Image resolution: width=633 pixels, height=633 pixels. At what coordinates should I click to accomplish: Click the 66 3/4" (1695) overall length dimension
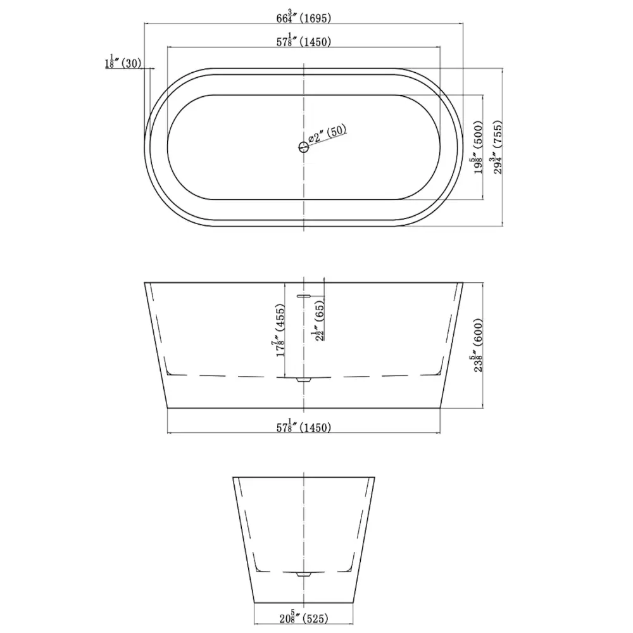tap(304, 17)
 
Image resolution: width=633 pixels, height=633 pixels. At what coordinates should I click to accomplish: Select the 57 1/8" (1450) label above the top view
tap(304, 41)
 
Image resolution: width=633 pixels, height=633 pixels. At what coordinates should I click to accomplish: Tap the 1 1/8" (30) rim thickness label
tap(123, 62)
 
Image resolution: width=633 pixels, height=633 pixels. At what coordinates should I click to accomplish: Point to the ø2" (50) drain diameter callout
tap(327, 133)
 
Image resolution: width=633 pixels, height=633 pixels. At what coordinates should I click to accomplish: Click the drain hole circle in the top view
tap(304, 147)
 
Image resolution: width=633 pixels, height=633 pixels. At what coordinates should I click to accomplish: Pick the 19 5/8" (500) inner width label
tap(479, 147)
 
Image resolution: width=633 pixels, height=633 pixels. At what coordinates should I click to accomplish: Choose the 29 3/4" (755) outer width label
tap(498, 147)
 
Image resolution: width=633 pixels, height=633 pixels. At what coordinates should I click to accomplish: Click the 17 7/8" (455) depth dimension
tap(279, 330)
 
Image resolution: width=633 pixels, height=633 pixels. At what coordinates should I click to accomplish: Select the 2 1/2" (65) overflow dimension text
tap(319, 320)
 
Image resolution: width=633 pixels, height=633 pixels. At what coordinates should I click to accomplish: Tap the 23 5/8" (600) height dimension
tap(479, 345)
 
